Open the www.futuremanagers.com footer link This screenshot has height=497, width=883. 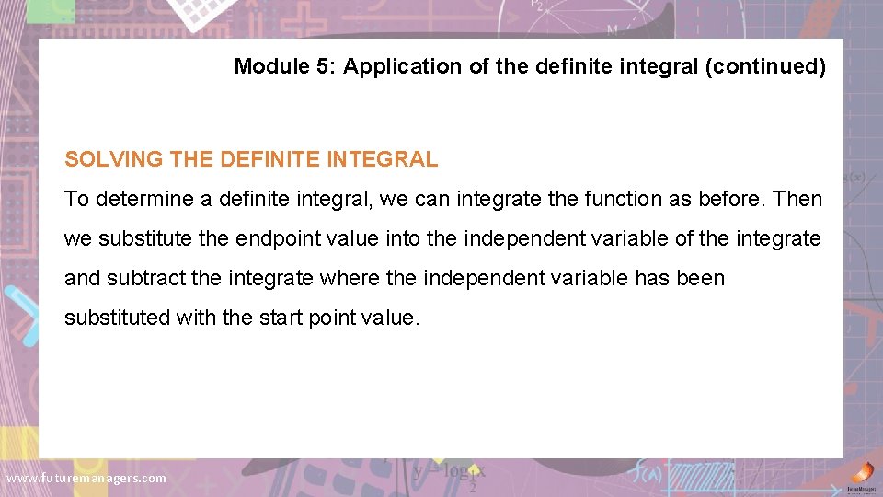click(x=86, y=478)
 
